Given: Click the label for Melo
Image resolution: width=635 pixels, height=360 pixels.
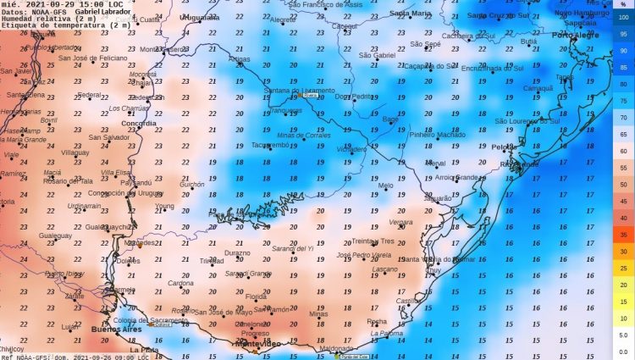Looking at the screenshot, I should coord(385,186).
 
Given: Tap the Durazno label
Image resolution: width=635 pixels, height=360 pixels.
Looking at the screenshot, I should coord(237,253).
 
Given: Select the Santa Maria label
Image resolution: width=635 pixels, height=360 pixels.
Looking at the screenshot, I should coord(410,14).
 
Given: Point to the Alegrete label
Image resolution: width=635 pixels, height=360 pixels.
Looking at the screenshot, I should coord(282,19).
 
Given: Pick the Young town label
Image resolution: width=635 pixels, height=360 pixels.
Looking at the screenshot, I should coord(164,206).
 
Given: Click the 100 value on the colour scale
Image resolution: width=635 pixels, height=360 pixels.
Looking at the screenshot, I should coord(622,17).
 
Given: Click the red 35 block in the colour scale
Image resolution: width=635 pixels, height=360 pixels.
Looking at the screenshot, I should coord(622,235).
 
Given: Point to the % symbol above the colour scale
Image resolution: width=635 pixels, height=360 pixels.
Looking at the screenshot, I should coord(622,5).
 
